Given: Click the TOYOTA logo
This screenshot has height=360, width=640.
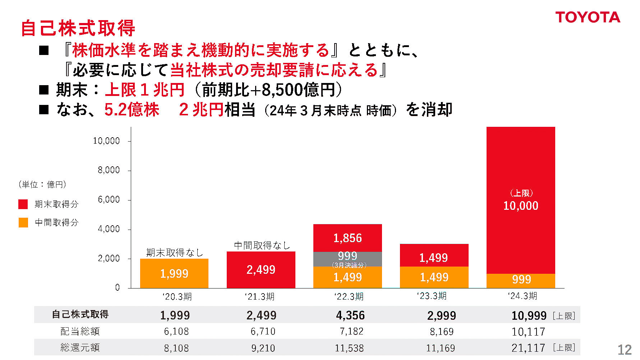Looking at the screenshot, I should click(588, 17).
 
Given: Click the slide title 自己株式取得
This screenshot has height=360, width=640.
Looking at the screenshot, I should click(78, 28).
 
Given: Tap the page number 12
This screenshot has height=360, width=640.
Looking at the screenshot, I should click(624, 350).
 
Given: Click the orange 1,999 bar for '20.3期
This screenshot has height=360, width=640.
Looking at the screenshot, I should click(174, 273).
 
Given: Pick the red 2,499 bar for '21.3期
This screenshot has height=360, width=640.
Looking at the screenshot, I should click(261, 269).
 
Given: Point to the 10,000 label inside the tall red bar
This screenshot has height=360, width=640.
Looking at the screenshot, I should click(521, 206).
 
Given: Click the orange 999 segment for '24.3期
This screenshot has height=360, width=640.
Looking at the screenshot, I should click(521, 280).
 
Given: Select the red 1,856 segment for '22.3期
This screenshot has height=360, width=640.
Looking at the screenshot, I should click(347, 238).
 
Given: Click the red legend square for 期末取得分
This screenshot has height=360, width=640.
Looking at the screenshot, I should click(23, 204).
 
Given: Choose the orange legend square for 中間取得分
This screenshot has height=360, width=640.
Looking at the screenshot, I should click(23, 222).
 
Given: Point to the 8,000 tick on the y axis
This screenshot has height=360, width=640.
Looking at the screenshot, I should click(109, 170).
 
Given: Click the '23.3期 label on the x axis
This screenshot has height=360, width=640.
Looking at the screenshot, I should click(432, 296).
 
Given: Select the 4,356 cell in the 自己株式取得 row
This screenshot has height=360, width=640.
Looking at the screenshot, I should click(350, 315).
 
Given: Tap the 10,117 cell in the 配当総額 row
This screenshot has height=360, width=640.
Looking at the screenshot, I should click(528, 332).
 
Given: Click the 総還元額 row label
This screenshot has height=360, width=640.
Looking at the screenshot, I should click(80, 347).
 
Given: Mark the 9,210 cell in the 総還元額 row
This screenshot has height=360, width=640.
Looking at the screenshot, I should click(263, 348).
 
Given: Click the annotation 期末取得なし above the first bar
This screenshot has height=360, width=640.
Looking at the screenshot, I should click(174, 253).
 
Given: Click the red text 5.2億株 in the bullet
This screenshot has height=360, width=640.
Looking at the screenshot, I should click(132, 110).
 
